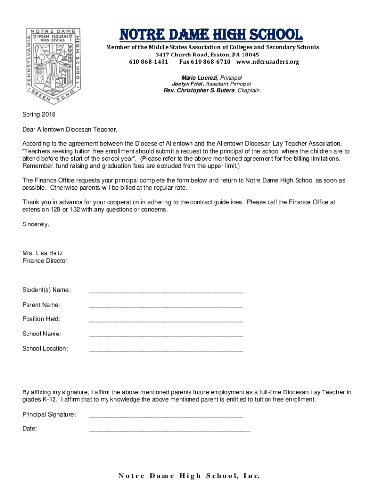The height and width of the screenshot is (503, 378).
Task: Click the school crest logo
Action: (52, 64)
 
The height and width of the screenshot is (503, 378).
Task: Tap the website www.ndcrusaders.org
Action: (267, 62)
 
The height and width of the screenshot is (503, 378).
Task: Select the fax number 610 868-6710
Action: (205, 62)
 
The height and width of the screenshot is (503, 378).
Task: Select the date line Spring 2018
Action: (39, 115)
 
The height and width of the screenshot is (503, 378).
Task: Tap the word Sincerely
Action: (36, 224)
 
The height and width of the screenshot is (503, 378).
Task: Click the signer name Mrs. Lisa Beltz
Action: (42, 253)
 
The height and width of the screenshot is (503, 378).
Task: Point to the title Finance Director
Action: (45, 261)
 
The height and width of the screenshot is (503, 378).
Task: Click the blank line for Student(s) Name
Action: (166, 292)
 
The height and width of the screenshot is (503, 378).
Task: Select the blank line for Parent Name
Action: (166, 307)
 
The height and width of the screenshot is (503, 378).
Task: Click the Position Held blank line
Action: (166, 321)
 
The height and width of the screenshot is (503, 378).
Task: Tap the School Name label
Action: (42, 334)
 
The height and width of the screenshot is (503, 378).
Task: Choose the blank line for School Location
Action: (166, 351)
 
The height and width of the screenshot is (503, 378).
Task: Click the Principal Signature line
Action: (166, 416)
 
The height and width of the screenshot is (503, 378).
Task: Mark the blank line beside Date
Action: (169, 430)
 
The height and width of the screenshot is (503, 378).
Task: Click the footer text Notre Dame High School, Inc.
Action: (189, 476)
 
